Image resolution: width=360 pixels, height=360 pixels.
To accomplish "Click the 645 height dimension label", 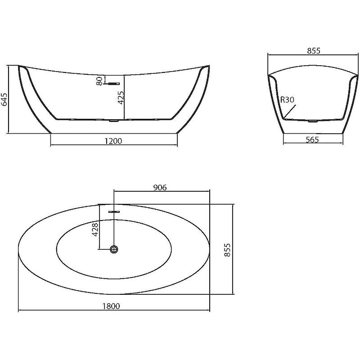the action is pyautogui.click(x=5, y=99).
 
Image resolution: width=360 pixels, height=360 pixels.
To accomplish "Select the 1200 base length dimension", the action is pyautogui.click(x=113, y=141).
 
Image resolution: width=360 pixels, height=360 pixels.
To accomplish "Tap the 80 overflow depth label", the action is pyautogui.click(x=99, y=81).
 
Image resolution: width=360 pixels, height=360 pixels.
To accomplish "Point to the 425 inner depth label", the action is pyautogui.click(x=121, y=98).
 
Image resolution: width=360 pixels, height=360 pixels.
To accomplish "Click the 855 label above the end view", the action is pyautogui.click(x=314, y=50).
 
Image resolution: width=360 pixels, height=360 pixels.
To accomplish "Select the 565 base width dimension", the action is pyautogui.click(x=312, y=139).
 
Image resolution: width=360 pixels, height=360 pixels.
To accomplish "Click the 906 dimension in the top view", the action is pyautogui.click(x=160, y=187).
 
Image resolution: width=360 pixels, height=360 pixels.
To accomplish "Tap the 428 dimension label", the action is pyautogui.click(x=95, y=229).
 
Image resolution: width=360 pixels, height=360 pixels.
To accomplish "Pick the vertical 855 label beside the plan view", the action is pyautogui.click(x=227, y=250).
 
